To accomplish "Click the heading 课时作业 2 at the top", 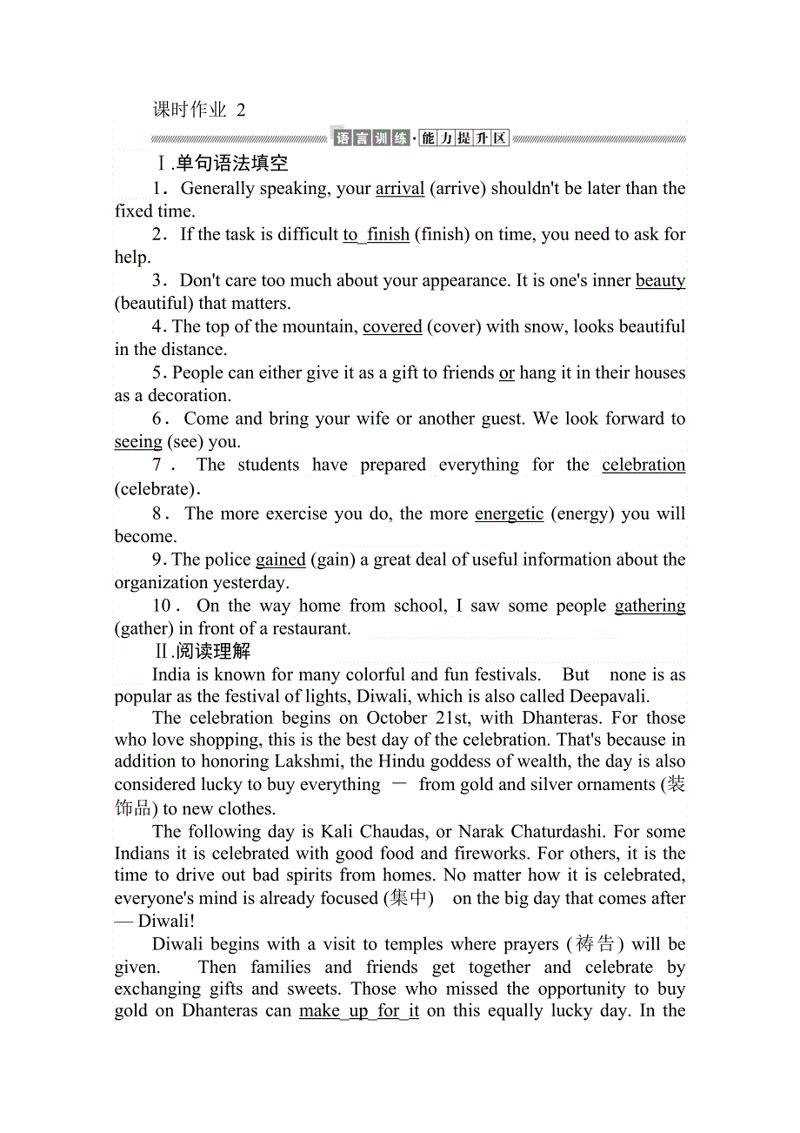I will click(199, 110).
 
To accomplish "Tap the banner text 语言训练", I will click(371, 138).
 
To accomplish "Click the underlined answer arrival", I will click(400, 189).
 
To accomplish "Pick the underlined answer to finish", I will click(376, 234).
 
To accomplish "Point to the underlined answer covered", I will click(392, 326).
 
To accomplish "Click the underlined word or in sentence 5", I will click(507, 372).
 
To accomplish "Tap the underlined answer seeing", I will click(138, 442).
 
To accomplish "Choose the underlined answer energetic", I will click(509, 513).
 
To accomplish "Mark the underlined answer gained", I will click(281, 560).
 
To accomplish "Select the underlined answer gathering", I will click(650, 606).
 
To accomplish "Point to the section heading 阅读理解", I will click(212, 652).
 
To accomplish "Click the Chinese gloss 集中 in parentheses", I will click(410, 898).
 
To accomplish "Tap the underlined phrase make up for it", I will click(359, 1011).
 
